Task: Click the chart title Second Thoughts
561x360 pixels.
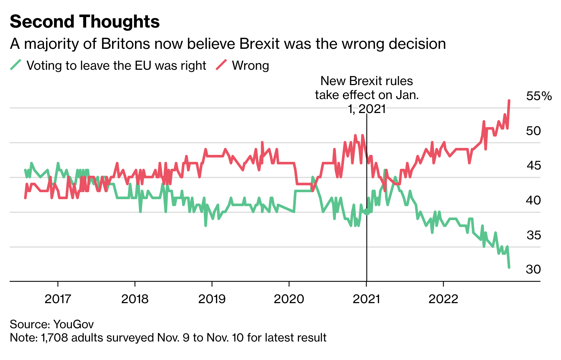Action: (x=85, y=22)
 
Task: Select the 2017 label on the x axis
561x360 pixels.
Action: (x=58, y=299)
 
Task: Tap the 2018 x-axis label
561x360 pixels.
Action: (x=135, y=299)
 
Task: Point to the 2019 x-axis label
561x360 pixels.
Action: (x=212, y=299)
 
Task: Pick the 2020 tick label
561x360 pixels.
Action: (x=289, y=299)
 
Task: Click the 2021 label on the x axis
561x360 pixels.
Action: (x=366, y=299)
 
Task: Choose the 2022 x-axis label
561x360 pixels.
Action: (x=443, y=299)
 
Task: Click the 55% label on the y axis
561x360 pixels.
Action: (x=539, y=96)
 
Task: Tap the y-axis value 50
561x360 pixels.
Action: (x=533, y=131)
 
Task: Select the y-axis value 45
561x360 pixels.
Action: (x=533, y=165)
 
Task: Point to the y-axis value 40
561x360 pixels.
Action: (x=533, y=200)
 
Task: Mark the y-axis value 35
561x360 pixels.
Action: (x=533, y=235)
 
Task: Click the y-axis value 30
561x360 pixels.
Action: (x=533, y=269)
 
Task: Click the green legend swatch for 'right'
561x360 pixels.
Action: (x=16, y=65)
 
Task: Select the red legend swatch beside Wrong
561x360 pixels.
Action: (x=221, y=65)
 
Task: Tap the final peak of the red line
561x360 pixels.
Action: (x=509, y=100)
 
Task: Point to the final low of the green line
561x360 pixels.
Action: (x=509, y=268)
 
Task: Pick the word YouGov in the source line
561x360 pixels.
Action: (x=74, y=324)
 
